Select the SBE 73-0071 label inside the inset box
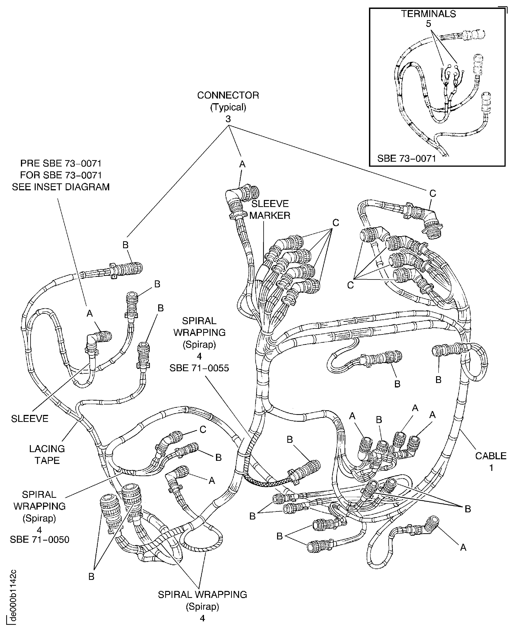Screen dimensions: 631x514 point(407,159)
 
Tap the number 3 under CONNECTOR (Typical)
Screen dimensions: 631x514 point(228,119)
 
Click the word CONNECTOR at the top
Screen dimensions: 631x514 point(228,95)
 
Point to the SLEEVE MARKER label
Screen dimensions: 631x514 point(270,209)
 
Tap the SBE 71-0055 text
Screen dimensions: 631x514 point(199,368)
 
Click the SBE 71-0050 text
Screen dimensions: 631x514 point(39,540)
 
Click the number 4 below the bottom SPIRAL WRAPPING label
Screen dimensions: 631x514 point(202,618)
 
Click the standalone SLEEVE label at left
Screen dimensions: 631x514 point(30,418)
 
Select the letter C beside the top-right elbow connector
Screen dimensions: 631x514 point(433,193)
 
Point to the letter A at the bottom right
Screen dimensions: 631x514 point(463,547)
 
